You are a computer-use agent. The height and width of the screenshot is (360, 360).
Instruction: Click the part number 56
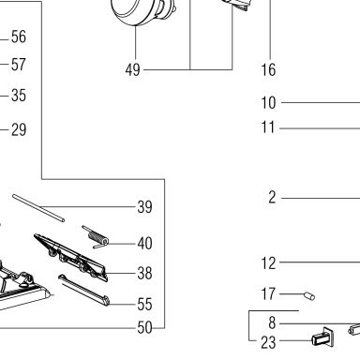[19, 37]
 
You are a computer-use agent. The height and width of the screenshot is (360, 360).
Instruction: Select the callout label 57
[19, 65]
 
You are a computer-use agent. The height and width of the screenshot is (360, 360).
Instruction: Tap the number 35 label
[19, 96]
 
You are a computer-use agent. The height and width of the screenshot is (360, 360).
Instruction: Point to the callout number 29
[19, 129]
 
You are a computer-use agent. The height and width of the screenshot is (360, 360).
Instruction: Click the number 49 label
[133, 69]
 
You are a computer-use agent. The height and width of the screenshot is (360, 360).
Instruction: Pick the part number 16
[268, 69]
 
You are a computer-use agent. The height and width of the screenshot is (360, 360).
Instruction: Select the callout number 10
[268, 103]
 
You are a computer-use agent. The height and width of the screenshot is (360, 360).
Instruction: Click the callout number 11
[268, 127]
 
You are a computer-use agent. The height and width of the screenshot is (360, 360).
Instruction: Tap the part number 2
[272, 198]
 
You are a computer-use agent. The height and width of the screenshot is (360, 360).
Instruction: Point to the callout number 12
[268, 263]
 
